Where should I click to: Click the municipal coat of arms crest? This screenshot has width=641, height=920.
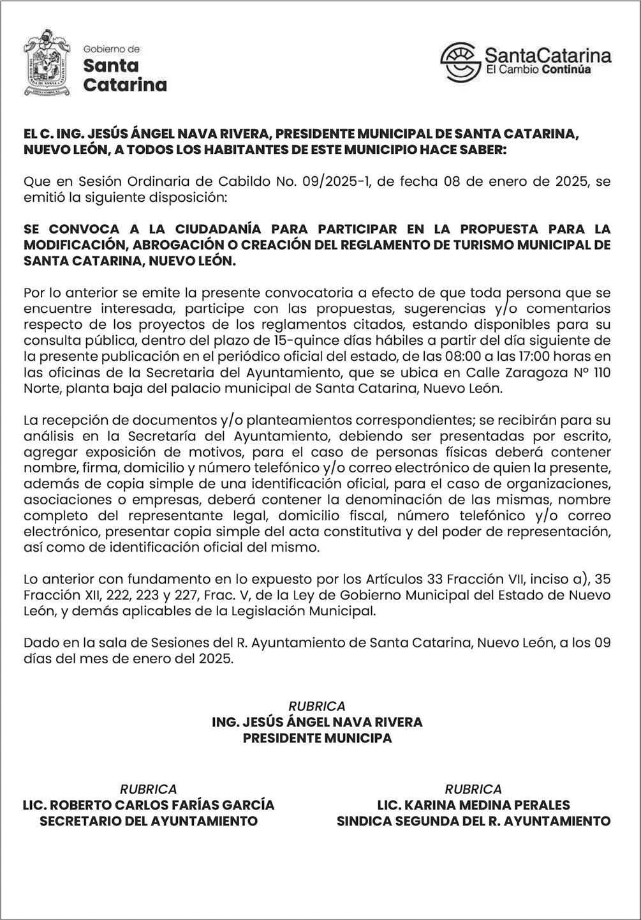[x=46, y=63]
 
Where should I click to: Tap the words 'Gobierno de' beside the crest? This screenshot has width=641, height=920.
[x=112, y=49]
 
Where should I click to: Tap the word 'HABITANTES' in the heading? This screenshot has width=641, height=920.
[x=247, y=150]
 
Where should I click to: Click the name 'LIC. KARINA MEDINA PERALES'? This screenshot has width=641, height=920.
[x=473, y=805]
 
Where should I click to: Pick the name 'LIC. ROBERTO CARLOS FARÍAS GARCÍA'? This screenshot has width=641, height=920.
[x=149, y=805]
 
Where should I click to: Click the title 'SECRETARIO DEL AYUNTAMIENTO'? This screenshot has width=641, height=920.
[x=149, y=821]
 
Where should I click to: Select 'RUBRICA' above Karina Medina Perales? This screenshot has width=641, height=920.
[x=473, y=789]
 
